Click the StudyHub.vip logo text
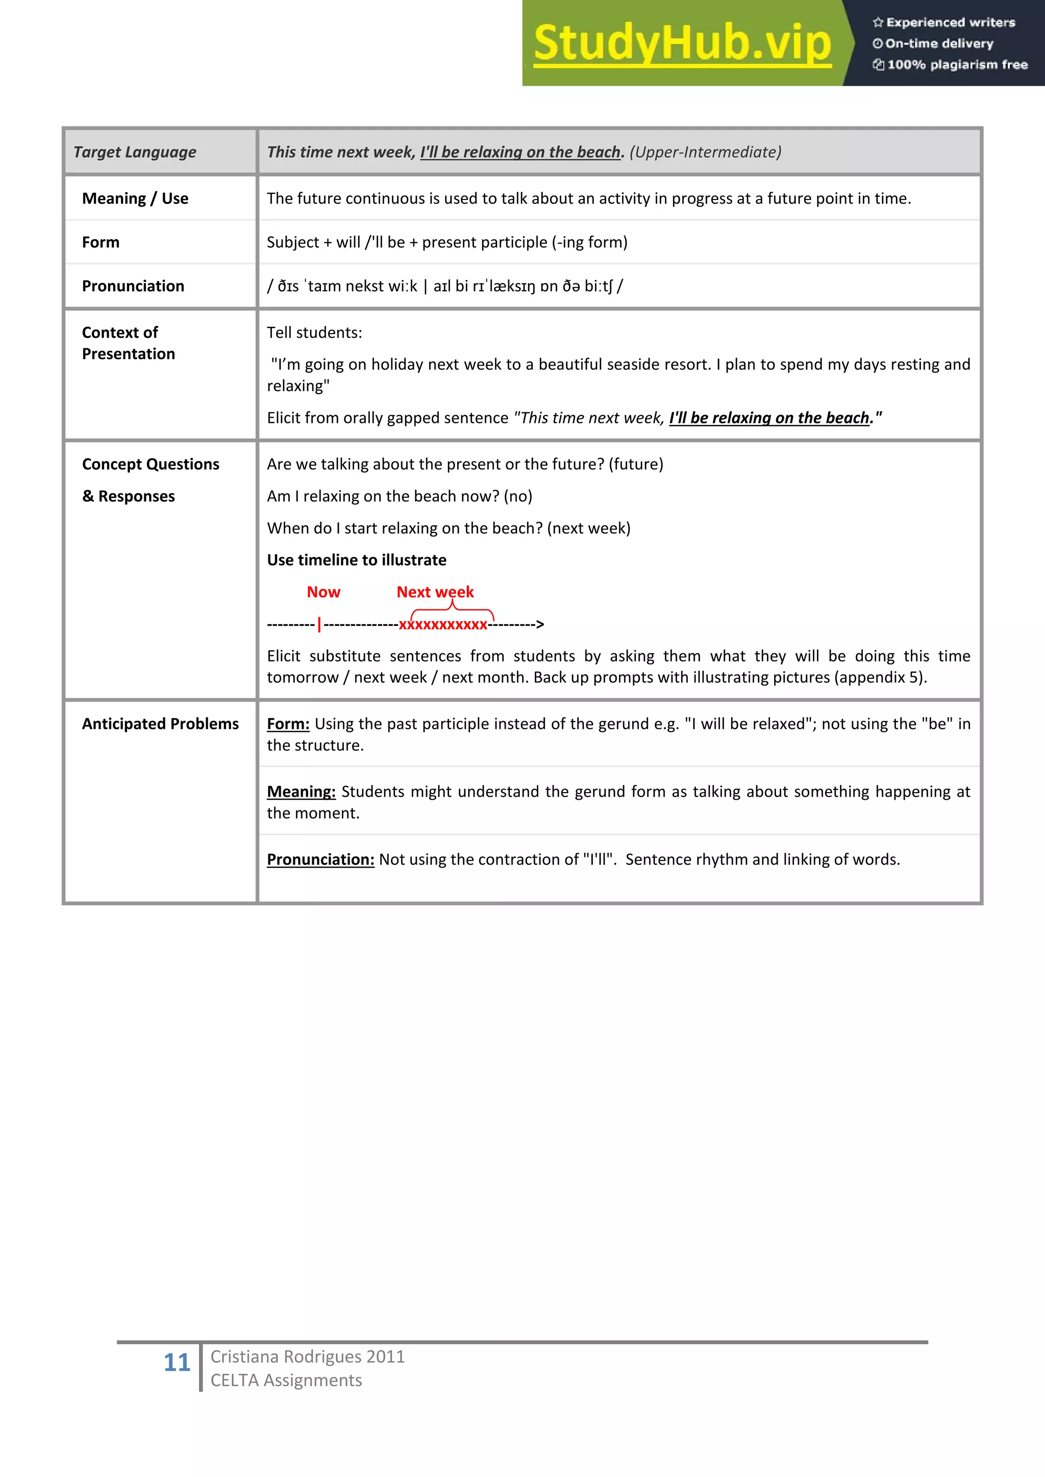coord(682,44)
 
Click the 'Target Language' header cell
coord(135,152)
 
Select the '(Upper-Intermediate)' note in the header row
coord(705,152)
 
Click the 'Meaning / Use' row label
coord(135,199)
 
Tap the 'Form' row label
coord(101,243)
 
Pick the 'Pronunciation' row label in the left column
coord(133,286)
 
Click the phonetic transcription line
coord(444,286)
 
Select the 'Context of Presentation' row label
coord(129,343)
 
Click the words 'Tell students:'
coord(314,333)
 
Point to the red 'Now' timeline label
coord(323,592)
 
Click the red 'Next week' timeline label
coord(435,592)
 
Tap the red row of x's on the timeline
coord(443,625)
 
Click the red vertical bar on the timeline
coord(319,625)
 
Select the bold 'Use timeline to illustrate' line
coord(357,561)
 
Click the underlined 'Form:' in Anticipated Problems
coord(288,724)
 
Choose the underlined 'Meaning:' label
coord(301,792)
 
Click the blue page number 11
coord(177,1362)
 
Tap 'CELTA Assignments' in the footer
coord(286,1381)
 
